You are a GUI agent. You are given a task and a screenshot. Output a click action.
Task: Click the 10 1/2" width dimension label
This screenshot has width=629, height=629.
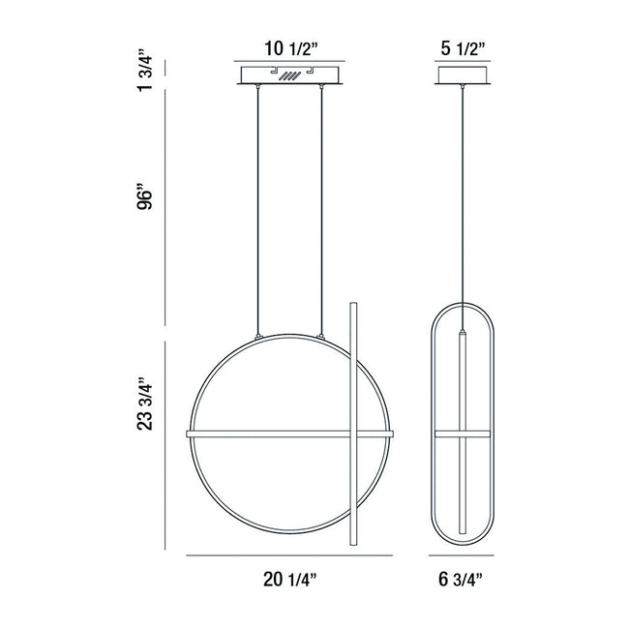(291, 49)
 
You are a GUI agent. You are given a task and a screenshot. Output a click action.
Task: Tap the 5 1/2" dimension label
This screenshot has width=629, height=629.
(463, 49)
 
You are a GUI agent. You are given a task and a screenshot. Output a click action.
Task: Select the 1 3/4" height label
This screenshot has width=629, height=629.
(145, 71)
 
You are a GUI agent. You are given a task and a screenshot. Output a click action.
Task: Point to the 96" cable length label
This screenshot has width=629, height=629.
(145, 197)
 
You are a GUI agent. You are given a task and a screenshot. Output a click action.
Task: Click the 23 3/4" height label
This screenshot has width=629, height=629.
(145, 404)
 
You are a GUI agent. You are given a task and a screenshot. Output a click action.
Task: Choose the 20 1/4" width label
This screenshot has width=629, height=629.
(290, 580)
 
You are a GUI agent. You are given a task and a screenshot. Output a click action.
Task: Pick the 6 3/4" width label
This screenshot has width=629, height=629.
(461, 580)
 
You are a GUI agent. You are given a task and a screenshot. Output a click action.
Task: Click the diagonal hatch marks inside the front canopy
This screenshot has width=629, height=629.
(289, 75)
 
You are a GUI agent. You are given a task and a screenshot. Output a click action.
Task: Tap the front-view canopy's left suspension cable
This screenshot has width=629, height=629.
(258, 210)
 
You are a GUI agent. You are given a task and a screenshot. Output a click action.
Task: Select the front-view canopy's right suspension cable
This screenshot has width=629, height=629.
(321, 210)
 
